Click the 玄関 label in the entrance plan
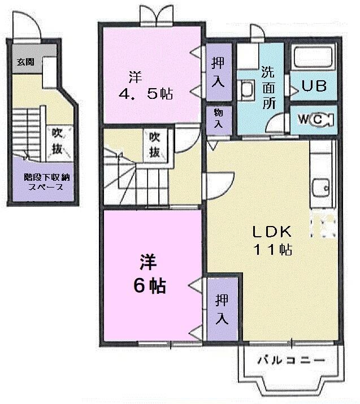tap(25, 62)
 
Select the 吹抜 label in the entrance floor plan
tap(58, 142)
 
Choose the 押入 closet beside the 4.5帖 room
tap(218, 71)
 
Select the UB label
tap(314, 87)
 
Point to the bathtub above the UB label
tap(314, 59)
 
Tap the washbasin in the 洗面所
tap(247, 91)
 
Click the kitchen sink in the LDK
tap(323, 186)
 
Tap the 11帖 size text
tap(271, 249)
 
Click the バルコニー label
tap(291, 360)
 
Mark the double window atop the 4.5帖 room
tap(157, 15)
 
